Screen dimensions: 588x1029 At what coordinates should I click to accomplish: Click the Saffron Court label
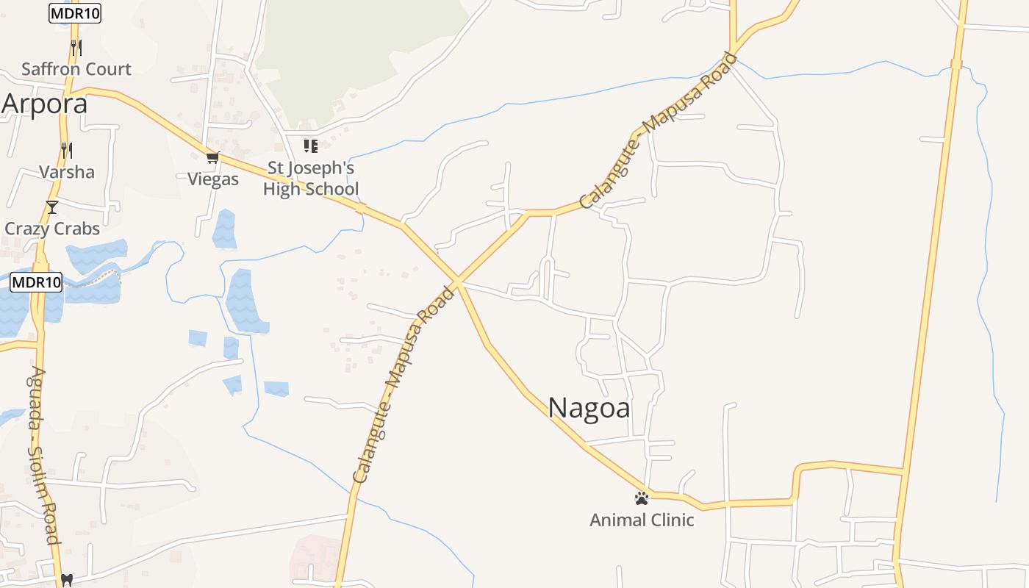pyautogui.click(x=76, y=69)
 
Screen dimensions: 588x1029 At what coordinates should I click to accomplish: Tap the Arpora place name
pyautogui.click(x=44, y=104)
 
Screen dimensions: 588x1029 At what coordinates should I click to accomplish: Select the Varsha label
pyautogui.click(x=66, y=172)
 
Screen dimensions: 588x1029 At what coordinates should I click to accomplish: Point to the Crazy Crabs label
pyautogui.click(x=52, y=229)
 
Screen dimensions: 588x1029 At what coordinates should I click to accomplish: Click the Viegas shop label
pyautogui.click(x=213, y=179)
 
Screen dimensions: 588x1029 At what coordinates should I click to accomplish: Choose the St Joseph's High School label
pyautogui.click(x=311, y=179)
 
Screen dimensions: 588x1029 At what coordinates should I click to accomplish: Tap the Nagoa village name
pyautogui.click(x=589, y=407)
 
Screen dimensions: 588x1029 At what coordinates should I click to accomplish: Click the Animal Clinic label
pyautogui.click(x=642, y=520)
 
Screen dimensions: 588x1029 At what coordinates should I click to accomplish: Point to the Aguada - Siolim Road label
pyautogui.click(x=42, y=456)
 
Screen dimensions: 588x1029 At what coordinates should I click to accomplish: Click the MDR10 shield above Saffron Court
pyautogui.click(x=75, y=13)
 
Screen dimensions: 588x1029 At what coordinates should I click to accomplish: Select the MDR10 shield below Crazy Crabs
pyautogui.click(x=36, y=282)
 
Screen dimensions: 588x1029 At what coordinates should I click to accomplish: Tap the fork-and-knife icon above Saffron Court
pyautogui.click(x=76, y=48)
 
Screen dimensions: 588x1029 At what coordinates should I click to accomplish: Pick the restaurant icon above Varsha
pyautogui.click(x=66, y=151)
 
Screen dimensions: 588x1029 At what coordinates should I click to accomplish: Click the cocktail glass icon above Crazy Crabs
pyautogui.click(x=52, y=207)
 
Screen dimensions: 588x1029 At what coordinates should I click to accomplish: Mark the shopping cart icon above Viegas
pyautogui.click(x=213, y=157)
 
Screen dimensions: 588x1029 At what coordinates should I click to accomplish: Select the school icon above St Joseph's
pyautogui.click(x=311, y=146)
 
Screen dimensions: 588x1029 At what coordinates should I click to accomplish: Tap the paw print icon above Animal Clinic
pyautogui.click(x=642, y=498)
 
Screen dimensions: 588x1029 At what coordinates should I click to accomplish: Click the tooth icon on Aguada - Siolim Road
pyautogui.click(x=67, y=580)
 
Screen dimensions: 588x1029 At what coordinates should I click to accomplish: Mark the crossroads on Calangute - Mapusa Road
pyautogui.click(x=456, y=282)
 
